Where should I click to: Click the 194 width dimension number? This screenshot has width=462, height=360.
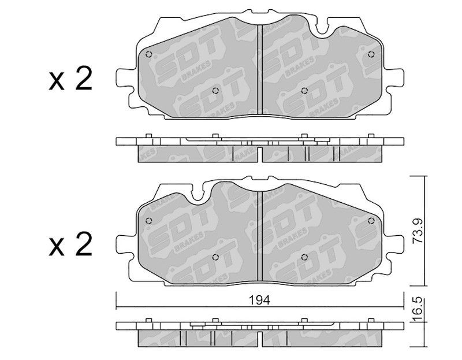point(259,300)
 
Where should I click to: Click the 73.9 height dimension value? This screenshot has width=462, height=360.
point(418,231)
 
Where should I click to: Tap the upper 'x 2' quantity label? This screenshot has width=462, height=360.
point(70,78)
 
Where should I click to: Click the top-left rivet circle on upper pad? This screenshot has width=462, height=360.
point(149,54)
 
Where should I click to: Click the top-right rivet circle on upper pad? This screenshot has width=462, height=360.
point(371,54)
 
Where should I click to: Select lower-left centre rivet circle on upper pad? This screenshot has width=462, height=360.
point(215,91)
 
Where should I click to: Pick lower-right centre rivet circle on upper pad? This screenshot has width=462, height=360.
point(305,91)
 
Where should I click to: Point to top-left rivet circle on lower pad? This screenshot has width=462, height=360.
point(149,221)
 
